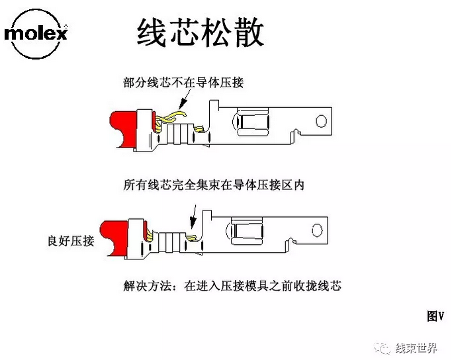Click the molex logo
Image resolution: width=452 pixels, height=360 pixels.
pyautogui.click(x=36, y=34)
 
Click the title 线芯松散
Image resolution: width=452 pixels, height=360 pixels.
pyautogui.click(x=200, y=32)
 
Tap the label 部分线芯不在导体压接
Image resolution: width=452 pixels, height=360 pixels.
pyautogui.click(x=183, y=83)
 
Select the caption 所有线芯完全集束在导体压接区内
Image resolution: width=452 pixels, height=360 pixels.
pyautogui.click(x=214, y=185)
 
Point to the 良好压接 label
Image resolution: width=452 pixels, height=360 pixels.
pyautogui.click(x=71, y=240)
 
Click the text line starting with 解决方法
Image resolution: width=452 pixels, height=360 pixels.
pyautogui.click(x=232, y=286)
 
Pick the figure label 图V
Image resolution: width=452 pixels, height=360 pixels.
pyautogui.click(x=435, y=316)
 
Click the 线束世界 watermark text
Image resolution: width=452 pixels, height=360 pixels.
pyautogui.click(x=416, y=348)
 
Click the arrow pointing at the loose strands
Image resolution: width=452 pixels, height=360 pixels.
pyautogui.click(x=185, y=99)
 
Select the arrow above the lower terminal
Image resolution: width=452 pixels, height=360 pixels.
pyautogui.click(x=194, y=217)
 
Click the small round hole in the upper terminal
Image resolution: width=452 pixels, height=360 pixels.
pyautogui.click(x=321, y=121)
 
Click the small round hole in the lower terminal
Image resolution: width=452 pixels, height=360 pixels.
pyautogui.click(x=317, y=230)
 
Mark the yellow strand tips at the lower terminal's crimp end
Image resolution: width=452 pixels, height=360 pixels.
pyautogui.click(x=191, y=238)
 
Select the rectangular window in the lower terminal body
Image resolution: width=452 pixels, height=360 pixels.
pyautogui.click(x=248, y=230)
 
